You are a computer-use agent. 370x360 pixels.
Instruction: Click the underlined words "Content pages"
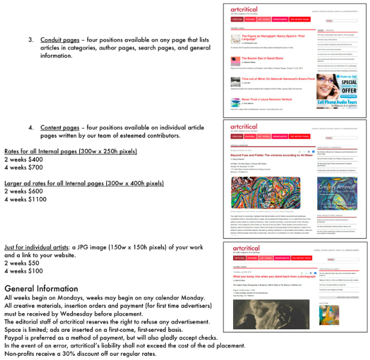point(59,128)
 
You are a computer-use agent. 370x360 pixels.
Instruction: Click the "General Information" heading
point(41,288)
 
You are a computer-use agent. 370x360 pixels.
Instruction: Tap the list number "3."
point(31,40)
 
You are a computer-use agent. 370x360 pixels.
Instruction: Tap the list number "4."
point(31,128)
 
